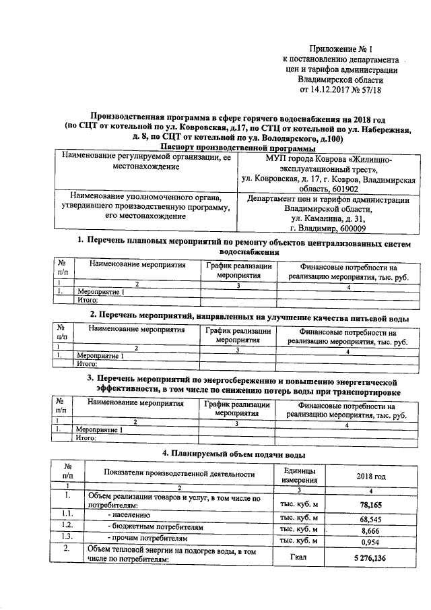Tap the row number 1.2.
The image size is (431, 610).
pyautogui.click(x=67, y=525)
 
